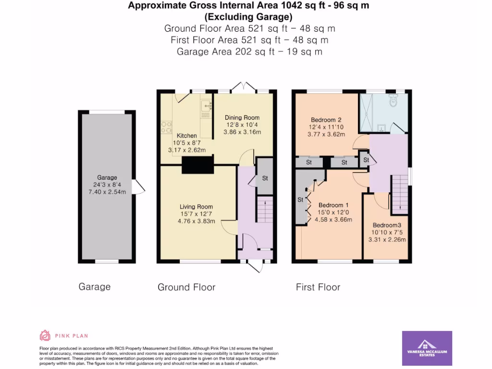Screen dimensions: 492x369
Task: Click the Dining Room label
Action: click(x=242, y=118)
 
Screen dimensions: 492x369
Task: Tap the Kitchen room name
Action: click(x=187, y=135)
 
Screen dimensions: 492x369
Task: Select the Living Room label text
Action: click(x=196, y=207)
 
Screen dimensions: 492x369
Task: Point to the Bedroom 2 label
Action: click(x=326, y=120)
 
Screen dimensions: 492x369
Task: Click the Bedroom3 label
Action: click(x=387, y=225)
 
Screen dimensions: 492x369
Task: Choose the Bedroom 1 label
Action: click(x=333, y=205)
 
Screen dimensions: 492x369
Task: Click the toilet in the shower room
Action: click(x=393, y=100)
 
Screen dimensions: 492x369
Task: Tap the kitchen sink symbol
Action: click(x=206, y=106)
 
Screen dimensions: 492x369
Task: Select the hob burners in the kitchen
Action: click(x=167, y=127)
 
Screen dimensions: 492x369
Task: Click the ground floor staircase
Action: click(x=265, y=209)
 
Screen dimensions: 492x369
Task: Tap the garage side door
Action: click(x=138, y=187)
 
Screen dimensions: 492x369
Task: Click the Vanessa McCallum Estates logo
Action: click(x=427, y=348)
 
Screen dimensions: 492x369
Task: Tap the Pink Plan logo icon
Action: click(x=45, y=335)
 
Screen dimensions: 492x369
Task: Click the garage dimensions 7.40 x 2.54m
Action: click(x=107, y=192)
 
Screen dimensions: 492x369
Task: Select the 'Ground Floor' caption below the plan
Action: click(x=186, y=287)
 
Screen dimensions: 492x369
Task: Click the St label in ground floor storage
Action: click(x=265, y=178)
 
